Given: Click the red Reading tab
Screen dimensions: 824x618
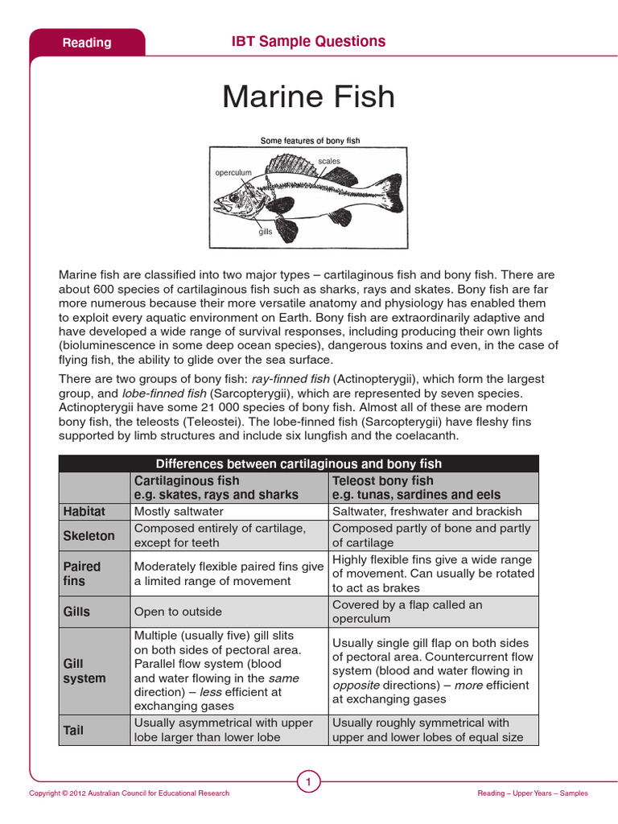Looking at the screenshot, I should (x=87, y=43).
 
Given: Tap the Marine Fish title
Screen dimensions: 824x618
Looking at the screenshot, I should (x=309, y=97).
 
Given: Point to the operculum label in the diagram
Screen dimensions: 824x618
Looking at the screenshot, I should (x=233, y=173).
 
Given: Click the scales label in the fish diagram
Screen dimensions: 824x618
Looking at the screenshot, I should (x=329, y=161).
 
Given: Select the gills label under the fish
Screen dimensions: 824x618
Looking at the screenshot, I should (x=266, y=232).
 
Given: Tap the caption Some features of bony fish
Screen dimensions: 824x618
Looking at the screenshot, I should (x=310, y=141).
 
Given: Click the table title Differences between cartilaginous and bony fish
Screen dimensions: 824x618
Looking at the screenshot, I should (x=299, y=463).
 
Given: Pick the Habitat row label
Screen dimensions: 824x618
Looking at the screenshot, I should (x=84, y=511).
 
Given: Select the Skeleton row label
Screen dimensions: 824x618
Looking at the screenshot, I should (x=89, y=535).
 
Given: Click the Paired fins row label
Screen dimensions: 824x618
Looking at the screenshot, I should (x=81, y=573).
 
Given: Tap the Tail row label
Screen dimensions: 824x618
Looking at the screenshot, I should (x=75, y=730).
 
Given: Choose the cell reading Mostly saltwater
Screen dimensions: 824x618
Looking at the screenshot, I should (x=179, y=511).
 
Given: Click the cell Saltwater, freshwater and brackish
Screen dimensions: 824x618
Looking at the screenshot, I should (x=426, y=511).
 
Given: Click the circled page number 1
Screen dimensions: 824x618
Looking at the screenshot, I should (x=309, y=781).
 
